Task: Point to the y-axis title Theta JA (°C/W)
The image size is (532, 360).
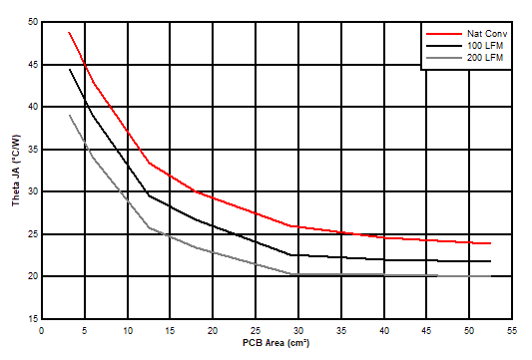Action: pos(15,171)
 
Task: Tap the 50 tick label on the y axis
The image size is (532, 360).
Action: pos(33,22)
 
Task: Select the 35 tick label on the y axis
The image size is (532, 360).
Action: pos(33,150)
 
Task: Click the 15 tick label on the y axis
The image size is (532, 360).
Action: pos(33,319)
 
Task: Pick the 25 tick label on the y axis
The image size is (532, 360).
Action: pos(33,234)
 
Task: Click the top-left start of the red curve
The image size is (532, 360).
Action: pos(69,32)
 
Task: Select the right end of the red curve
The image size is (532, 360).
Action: pos(490,243)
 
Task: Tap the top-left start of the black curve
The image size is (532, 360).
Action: pos(69,69)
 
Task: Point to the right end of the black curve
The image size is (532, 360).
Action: pos(490,261)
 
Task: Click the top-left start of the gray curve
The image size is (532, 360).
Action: pos(69,115)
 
